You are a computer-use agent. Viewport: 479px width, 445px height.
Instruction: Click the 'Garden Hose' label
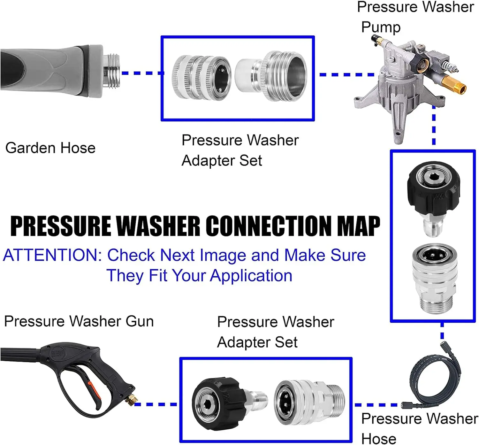pyautogui.click(x=50, y=148)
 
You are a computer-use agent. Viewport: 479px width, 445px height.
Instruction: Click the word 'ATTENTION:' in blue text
pyautogui.click(x=53, y=255)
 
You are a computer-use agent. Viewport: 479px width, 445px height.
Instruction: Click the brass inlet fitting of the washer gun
pyautogui.click(x=130, y=400)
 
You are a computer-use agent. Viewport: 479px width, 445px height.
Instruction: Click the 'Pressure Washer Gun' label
pyautogui.click(x=79, y=321)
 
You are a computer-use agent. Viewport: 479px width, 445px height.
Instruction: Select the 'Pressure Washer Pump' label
pyautogui.click(x=415, y=17)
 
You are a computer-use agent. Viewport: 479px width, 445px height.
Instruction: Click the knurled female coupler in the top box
pyautogui.click(x=201, y=78)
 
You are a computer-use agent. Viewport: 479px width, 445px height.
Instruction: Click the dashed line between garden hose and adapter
pyautogui.click(x=143, y=73)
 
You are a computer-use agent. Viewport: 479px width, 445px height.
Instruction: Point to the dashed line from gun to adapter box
pyautogui.click(x=156, y=404)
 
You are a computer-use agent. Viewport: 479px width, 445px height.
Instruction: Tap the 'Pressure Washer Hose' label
pyautogui.click(x=420, y=428)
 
